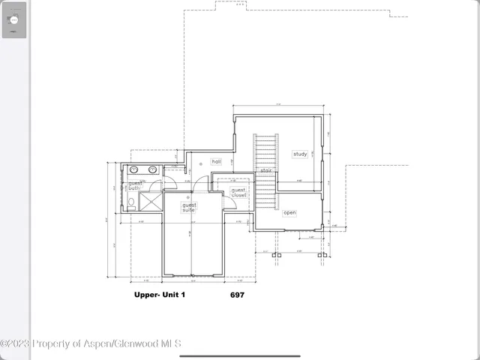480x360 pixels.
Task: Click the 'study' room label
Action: (300, 154)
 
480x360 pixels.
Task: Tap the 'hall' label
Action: (216, 161)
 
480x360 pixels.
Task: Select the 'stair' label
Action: (265, 171)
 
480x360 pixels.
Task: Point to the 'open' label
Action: (289, 213)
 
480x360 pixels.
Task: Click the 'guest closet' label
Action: (238, 193)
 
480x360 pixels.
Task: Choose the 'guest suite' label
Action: (189, 208)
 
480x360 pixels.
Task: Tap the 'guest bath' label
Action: (134, 186)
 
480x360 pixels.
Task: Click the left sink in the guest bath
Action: (136, 169)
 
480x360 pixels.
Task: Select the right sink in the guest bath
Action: (153, 169)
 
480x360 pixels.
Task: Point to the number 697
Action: (237, 295)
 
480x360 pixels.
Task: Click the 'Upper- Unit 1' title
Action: (159, 295)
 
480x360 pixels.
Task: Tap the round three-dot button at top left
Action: (13, 20)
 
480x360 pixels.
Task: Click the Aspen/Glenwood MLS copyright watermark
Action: (90, 343)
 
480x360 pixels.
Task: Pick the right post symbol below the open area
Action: (321, 255)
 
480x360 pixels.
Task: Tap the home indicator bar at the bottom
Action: (240, 355)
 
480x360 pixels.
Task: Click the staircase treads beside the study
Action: (266, 150)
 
